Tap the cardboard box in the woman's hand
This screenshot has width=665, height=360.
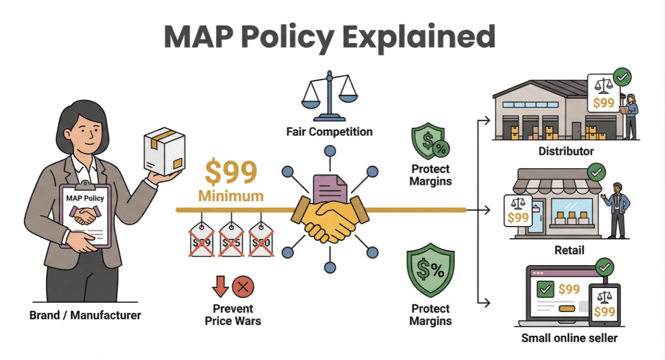(x=164, y=151)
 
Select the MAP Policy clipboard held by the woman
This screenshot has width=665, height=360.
(x=85, y=215)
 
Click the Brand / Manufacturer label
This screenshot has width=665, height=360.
(x=85, y=315)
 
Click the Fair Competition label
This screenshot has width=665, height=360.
(x=329, y=132)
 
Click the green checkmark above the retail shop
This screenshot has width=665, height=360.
(x=597, y=172)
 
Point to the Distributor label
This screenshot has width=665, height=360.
(x=566, y=151)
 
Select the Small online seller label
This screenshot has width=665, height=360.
(x=569, y=338)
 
